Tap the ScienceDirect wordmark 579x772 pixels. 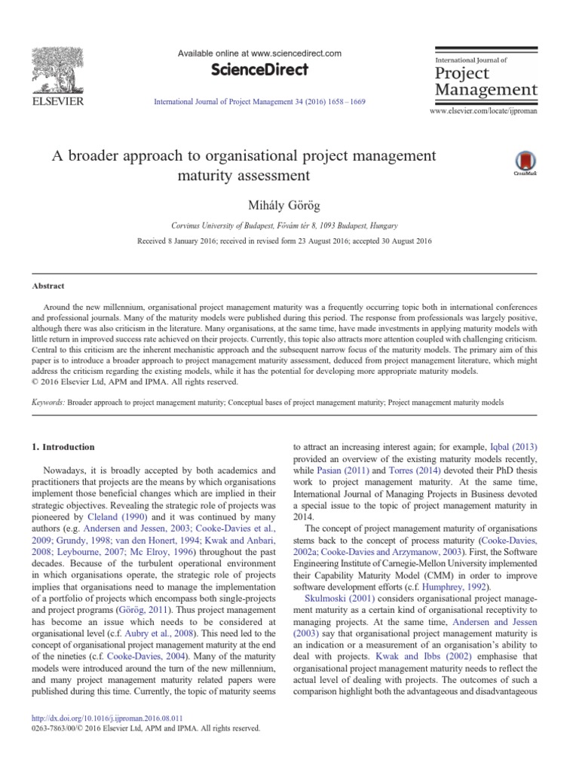pos(259,70)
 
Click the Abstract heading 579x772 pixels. pos(47,286)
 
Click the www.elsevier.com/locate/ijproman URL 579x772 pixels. pos(482,111)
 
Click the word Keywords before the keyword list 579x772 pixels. pos(47,403)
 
